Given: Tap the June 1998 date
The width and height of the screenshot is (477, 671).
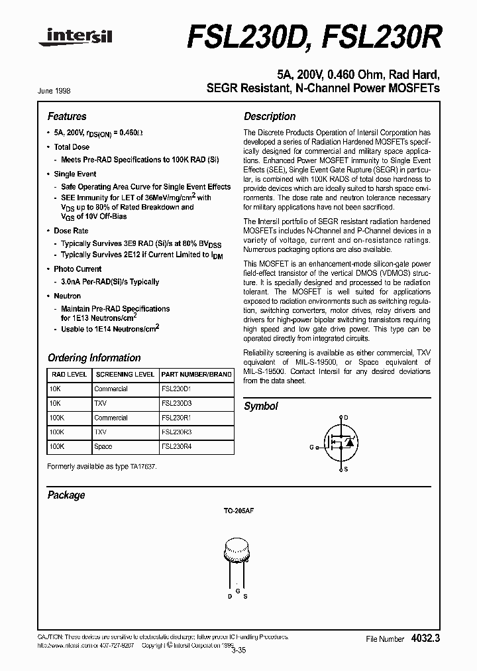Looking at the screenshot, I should click(x=59, y=89).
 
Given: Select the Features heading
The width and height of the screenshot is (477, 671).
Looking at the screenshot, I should click(x=67, y=116).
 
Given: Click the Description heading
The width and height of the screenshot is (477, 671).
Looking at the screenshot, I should click(x=270, y=116).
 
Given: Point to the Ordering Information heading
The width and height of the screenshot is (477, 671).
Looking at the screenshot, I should click(x=94, y=357).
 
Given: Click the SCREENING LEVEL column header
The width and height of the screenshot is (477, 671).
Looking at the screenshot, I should click(x=125, y=375).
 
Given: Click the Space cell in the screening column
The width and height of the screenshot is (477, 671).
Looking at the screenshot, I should click(x=103, y=447).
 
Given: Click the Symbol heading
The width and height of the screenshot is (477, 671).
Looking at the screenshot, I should click(x=261, y=406).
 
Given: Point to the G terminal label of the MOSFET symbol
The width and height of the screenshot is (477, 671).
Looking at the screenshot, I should click(x=311, y=447).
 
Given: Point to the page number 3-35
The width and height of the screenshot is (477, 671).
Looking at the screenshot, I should click(x=238, y=650).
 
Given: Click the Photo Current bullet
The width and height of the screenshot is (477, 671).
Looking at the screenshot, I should click(x=78, y=269).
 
